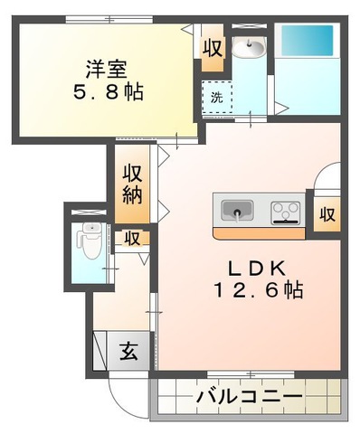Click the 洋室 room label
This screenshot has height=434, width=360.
tap(105, 68)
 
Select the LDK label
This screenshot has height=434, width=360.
tap(255, 268)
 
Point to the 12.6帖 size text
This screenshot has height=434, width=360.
tap(255, 291)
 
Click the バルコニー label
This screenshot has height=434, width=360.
tap(250, 397)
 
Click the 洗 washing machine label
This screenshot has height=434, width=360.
tap(216, 97)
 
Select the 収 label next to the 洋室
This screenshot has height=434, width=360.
tap(212, 48)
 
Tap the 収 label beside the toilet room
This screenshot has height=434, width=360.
tap(132, 239)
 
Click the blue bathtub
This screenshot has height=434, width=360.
tap(308, 43)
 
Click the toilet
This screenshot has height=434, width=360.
tap(90, 239)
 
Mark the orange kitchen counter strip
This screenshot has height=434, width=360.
tap(259, 232)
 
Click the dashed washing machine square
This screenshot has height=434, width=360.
tap(217, 97)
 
